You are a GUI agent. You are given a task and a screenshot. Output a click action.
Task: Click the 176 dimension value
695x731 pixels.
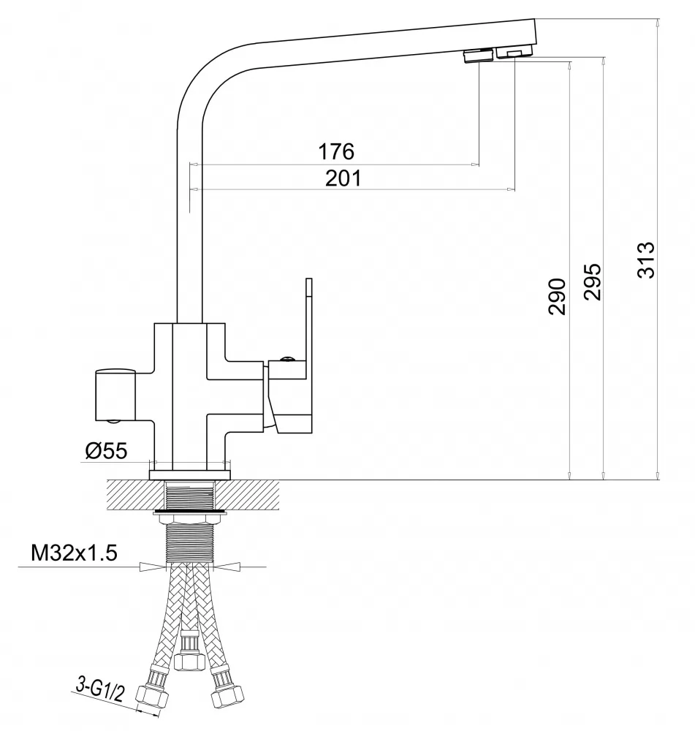(336, 151)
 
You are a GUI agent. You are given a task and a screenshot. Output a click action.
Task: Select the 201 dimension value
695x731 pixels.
(343, 178)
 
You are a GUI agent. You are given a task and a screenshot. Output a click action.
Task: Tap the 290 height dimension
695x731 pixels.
(557, 297)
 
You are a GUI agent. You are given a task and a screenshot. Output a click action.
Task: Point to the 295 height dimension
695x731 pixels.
(593, 281)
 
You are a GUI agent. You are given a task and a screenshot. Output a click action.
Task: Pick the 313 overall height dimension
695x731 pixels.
(646, 260)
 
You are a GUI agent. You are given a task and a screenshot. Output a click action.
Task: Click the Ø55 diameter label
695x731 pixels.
(106, 451)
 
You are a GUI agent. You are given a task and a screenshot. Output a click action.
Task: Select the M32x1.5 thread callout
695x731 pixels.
(74, 553)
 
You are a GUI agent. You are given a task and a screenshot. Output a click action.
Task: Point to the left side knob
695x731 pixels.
(115, 395)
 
